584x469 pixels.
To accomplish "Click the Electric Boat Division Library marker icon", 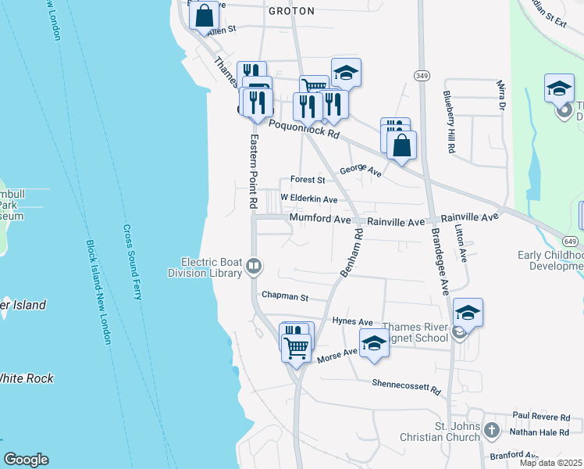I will [x=254, y=267].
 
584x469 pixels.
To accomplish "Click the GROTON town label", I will [x=291, y=12].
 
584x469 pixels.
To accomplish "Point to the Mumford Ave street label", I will [x=320, y=220].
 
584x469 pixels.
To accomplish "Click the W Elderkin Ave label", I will [x=309, y=199].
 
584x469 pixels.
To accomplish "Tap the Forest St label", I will [x=307, y=179].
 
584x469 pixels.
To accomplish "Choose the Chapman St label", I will [x=286, y=297].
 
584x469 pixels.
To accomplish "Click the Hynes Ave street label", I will [x=353, y=321].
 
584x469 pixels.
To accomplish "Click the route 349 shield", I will [x=422, y=74].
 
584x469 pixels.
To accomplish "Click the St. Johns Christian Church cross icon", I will [x=492, y=430].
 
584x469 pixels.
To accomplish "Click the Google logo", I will [x=26, y=460].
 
